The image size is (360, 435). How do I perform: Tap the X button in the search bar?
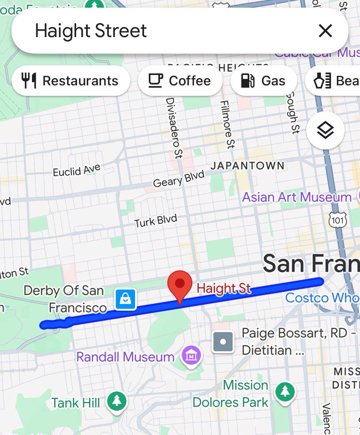(x=325, y=31)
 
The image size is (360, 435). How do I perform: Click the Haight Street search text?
(x=91, y=31)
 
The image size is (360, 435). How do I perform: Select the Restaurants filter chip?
(x=71, y=81)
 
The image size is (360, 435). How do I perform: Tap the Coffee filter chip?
(x=180, y=81)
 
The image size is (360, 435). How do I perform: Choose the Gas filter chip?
(x=263, y=81)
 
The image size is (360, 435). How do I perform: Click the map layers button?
(x=325, y=130)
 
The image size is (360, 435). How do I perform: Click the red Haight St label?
(x=224, y=289)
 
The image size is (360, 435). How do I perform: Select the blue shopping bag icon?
(x=125, y=299)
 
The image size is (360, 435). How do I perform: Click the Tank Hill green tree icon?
(x=116, y=401)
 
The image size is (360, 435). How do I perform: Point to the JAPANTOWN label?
(x=247, y=166)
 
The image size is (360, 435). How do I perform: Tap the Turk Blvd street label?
(x=156, y=221)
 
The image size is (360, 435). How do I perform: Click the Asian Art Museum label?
(x=296, y=198)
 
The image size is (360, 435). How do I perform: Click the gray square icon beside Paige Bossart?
(x=222, y=341)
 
